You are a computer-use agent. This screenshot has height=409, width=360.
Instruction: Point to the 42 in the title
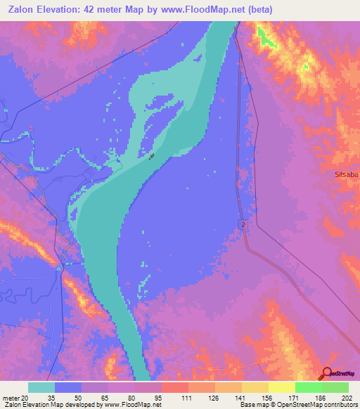[100, 10]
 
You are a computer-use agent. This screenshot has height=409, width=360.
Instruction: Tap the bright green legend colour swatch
[308, 387]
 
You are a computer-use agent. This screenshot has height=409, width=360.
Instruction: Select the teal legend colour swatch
[41, 387]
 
